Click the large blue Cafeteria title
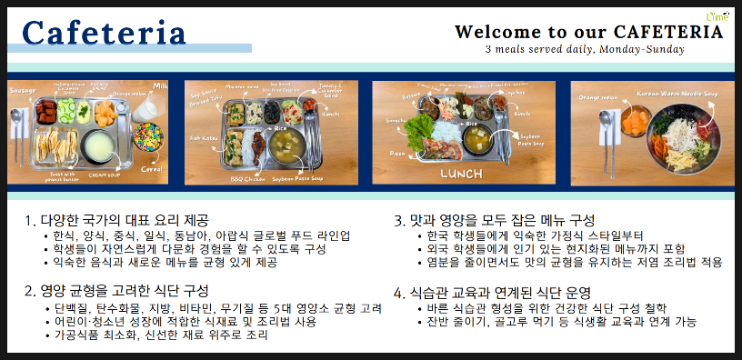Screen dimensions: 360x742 click(x=104, y=32)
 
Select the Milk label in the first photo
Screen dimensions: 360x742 click(x=160, y=85)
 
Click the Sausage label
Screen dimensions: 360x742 click(x=23, y=91)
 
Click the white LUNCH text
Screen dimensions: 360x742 click(x=461, y=173)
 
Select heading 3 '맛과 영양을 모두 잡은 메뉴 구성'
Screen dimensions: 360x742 click(x=494, y=220)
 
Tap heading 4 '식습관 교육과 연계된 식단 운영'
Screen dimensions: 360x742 click(x=494, y=293)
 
